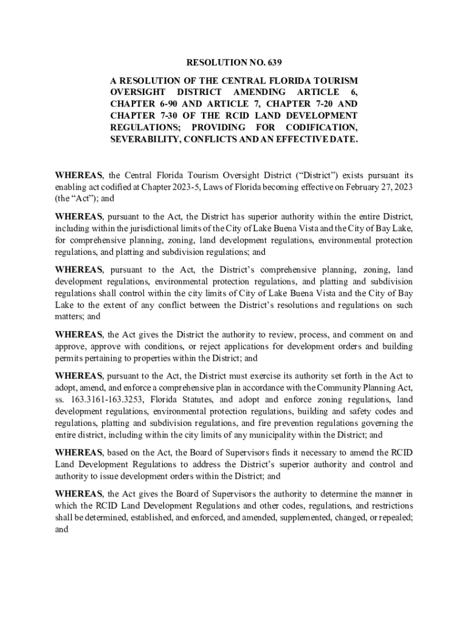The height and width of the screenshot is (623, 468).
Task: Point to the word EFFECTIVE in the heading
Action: [308, 139]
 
